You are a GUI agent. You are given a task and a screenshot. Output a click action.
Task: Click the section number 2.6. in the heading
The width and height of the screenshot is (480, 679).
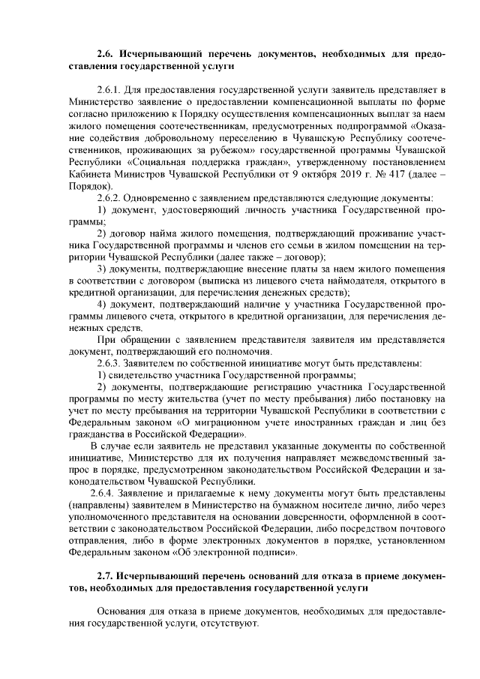coord(107,55)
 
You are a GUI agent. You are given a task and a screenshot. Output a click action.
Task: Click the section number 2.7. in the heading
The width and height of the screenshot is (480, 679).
coord(107,575)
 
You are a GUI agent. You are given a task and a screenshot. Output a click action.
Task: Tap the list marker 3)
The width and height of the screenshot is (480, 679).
coord(104,268)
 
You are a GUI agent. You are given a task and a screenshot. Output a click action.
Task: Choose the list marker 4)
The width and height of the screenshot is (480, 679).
coord(104,305)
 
